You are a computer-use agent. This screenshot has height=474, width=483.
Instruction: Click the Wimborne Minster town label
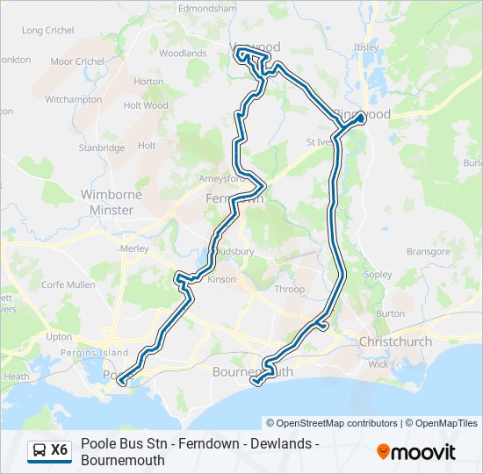(107, 202)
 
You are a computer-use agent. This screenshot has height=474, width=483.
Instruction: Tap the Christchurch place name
(395, 341)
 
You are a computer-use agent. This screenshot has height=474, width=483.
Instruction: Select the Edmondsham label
(208, 8)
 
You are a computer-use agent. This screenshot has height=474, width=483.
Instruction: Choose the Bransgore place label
(429, 251)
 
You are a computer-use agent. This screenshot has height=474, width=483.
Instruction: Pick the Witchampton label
(74, 100)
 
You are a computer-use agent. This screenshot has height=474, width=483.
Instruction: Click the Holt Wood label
(146, 105)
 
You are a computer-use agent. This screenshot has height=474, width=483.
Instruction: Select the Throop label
(289, 290)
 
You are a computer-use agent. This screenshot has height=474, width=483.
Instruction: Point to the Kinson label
(222, 279)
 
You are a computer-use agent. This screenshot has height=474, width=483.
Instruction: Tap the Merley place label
(134, 248)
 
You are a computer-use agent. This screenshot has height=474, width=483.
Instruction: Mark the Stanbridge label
(102, 148)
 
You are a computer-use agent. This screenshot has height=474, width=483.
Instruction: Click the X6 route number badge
(60, 450)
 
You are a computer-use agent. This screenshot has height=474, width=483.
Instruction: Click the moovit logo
(416, 451)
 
